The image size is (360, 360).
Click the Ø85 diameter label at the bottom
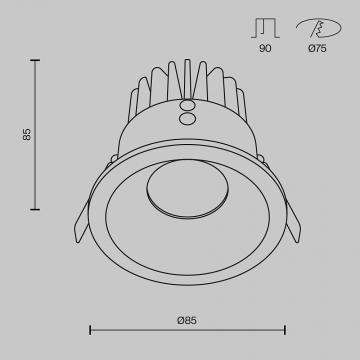pyautogui.click(x=187, y=320)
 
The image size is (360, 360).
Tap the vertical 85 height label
pyautogui.click(x=27, y=134)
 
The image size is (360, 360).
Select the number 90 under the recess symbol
pyautogui.click(x=265, y=48)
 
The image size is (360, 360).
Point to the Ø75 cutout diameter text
pyautogui.click(x=317, y=48)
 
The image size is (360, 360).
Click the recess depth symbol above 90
pyautogui.click(x=265, y=28)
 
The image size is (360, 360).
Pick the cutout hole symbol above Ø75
pyautogui.click(x=318, y=28)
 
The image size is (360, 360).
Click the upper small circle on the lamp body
pyautogui.click(x=187, y=106)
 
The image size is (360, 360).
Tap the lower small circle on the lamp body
pyautogui.click(x=187, y=118)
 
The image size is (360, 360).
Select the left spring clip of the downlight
pyautogui.click(x=81, y=221)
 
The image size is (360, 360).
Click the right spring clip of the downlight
pyautogui.click(x=292, y=221)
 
